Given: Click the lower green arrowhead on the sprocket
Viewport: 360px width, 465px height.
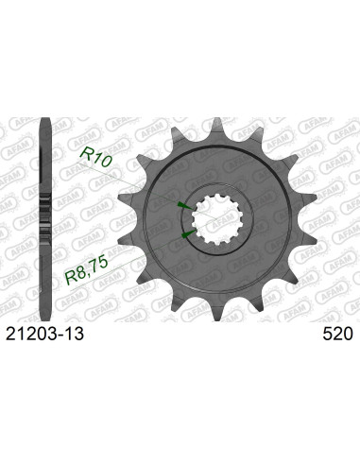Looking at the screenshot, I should pos(186,232).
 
